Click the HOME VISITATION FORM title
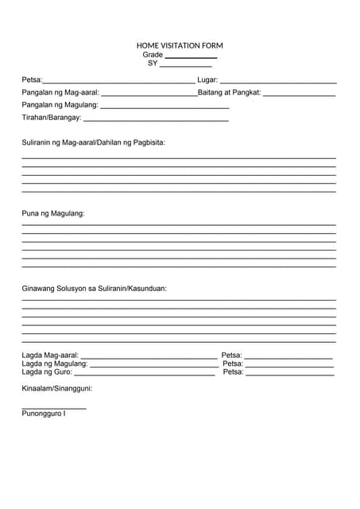pyautogui.click(x=180, y=46)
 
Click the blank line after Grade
pyautogui.click(x=191, y=57)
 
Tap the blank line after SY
pyautogui.click(x=186, y=66)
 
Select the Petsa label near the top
pyautogui.click(x=32, y=80)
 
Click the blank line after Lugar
pyautogui.click(x=278, y=82)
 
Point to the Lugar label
pyautogui.click(x=207, y=80)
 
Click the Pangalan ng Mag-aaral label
pyautogui.click(x=60, y=92)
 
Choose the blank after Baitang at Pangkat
pyautogui.click(x=299, y=95)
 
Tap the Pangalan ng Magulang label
pyautogui.click(x=60, y=105)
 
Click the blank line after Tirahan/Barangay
pyautogui.click(x=156, y=119)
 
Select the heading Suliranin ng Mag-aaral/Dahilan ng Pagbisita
pyautogui.click(x=94, y=142)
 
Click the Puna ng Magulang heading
pyautogui.click(x=53, y=213)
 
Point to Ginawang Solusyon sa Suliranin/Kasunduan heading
pyautogui.click(x=95, y=289)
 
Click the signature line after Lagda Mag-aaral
pyautogui.click(x=149, y=358)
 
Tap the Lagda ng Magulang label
pyautogui.click(x=55, y=363)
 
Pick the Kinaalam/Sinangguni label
pyautogui.click(x=57, y=389)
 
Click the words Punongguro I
pyautogui.click(x=44, y=414)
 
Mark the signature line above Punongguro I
pyautogui.click(x=54, y=408)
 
